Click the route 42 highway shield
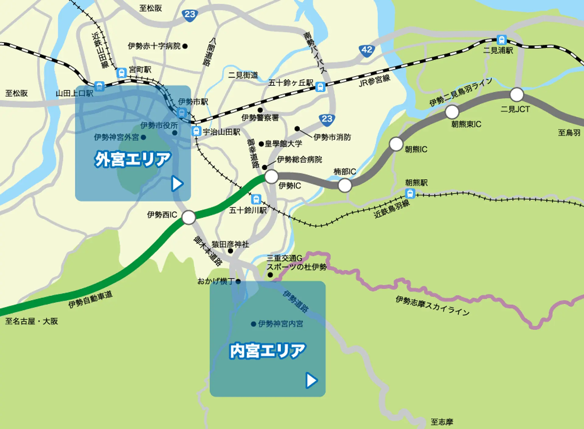click(x=367, y=50)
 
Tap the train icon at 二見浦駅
click(x=501, y=40)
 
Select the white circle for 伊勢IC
click(x=271, y=176)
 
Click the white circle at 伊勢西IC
click(x=189, y=217)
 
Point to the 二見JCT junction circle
click(x=516, y=95)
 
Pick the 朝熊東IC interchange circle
click(x=452, y=112)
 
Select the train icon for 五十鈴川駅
click(x=256, y=199)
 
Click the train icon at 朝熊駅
click(x=410, y=193)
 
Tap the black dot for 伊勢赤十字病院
click(x=185, y=46)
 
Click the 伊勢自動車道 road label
click(x=90, y=299)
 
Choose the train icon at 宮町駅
click(x=121, y=73)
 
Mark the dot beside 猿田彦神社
click(x=230, y=251)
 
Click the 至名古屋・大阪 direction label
click(x=31, y=321)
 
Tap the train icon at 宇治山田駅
click(x=196, y=131)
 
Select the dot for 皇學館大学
click(x=261, y=144)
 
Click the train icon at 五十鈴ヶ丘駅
click(x=320, y=87)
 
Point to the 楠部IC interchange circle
click(x=345, y=185)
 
